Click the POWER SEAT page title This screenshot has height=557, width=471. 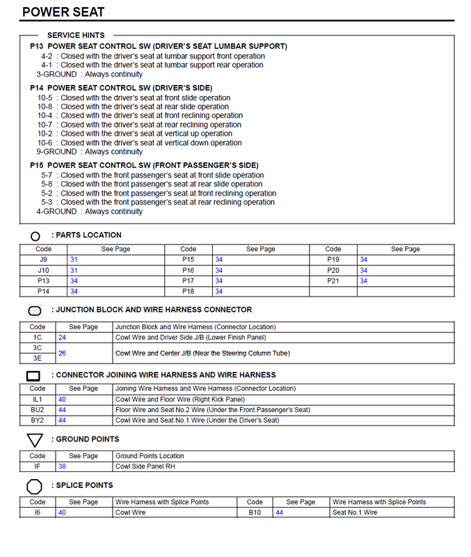(63, 12)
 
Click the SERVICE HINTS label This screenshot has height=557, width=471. (76, 35)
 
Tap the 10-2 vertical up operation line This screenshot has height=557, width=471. (135, 134)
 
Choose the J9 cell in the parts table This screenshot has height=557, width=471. (43, 260)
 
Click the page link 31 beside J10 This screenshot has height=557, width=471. (74, 270)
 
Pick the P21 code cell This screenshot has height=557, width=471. (333, 281)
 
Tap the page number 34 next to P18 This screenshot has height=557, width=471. (218, 292)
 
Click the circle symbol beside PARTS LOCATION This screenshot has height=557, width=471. (35, 236)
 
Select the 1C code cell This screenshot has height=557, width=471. (38, 337)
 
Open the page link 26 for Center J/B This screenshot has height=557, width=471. (62, 353)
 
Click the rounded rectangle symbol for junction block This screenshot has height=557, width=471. (35, 311)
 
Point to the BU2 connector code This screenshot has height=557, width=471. (38, 410)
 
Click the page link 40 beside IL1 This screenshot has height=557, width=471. (62, 400)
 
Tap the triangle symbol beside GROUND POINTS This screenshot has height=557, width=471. (35, 440)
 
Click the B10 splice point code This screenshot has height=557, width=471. (255, 512)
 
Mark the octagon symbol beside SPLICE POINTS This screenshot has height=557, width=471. (35, 486)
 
